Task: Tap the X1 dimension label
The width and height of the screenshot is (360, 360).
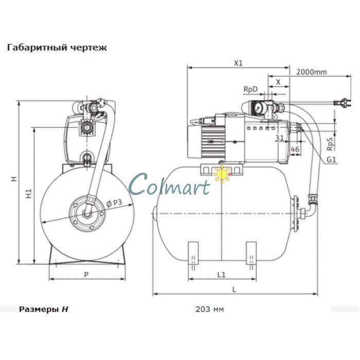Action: tap(238, 64)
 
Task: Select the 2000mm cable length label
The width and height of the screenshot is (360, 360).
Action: tap(312, 71)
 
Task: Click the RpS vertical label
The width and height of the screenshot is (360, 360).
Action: tap(329, 142)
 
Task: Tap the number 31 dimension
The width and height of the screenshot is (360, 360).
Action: tap(279, 137)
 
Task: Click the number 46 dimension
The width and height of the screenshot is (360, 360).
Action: tap(295, 149)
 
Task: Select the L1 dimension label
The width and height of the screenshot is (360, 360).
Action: tap(221, 275)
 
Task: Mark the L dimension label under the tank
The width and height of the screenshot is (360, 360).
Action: tap(234, 290)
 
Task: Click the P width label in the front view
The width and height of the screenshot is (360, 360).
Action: tap(86, 275)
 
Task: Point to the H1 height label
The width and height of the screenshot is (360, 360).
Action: tap(29, 195)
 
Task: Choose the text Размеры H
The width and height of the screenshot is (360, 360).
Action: tap(44, 310)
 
